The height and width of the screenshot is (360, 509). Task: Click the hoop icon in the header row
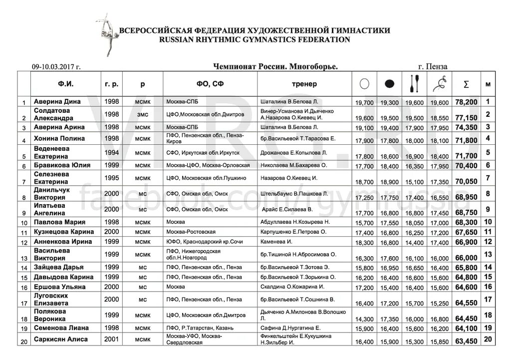365,84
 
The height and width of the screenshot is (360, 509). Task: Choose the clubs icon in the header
415,84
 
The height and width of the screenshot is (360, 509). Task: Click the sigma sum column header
466,84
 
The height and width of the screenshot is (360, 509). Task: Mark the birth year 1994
111,152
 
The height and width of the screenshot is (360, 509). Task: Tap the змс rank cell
143,114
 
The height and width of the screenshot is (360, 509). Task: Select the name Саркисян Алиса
60,340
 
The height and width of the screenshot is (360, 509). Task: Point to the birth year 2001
111,340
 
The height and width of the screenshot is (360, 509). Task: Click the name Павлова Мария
59,222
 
